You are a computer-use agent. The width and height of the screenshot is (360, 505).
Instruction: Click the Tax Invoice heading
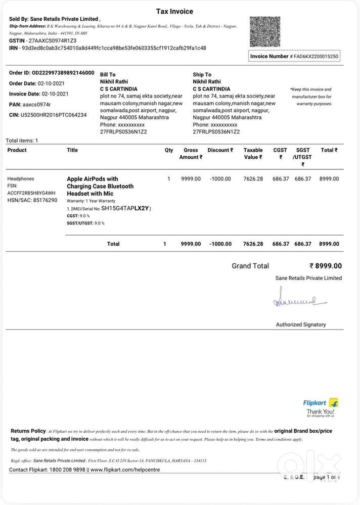tap(174, 11)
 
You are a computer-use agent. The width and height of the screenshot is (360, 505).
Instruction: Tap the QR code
tap(264, 32)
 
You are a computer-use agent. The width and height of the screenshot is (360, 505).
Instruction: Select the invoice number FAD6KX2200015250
tap(316, 56)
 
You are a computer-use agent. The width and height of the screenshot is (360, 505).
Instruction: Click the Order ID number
tap(63, 73)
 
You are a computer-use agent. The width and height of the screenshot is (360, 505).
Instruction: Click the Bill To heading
tap(108, 74)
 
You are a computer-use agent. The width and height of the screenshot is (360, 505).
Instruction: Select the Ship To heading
tap(202, 74)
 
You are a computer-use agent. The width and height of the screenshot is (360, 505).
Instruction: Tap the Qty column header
tap(169, 150)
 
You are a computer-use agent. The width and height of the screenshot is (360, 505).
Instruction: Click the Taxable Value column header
tap(253, 154)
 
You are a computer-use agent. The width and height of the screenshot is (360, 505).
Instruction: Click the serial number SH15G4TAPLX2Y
tap(125, 208)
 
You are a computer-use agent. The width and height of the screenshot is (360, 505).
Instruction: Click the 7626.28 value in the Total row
tap(253, 244)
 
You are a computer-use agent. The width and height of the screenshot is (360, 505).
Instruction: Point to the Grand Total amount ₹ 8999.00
tap(326, 266)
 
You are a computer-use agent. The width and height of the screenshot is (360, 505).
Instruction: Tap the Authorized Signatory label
tap(301, 325)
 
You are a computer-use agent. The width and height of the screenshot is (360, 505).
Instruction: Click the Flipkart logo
tap(321, 403)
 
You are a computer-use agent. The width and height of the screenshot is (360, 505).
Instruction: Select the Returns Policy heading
tap(28, 431)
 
